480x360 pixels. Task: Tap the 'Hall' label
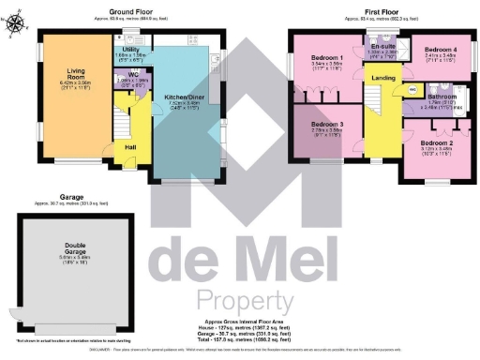point(131,146)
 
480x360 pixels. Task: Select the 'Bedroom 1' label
point(325,58)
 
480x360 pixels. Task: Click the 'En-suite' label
point(382,45)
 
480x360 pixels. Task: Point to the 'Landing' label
point(382,78)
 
